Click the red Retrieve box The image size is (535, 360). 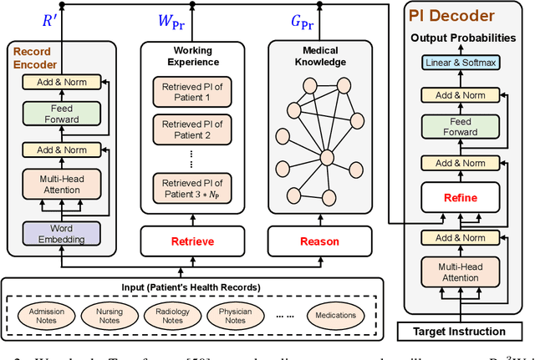tap(192, 241)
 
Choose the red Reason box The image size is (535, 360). tap(320, 241)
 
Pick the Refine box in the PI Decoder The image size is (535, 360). tap(461, 198)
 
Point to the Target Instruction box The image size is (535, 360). tap(460, 332)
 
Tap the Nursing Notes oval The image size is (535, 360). tap(109, 315)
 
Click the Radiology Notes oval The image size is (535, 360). tap(173, 315)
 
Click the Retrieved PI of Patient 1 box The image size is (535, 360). tap(192, 91)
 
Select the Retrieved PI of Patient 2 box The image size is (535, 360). tap(192, 129)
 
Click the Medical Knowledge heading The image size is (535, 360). tap(320, 56)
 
